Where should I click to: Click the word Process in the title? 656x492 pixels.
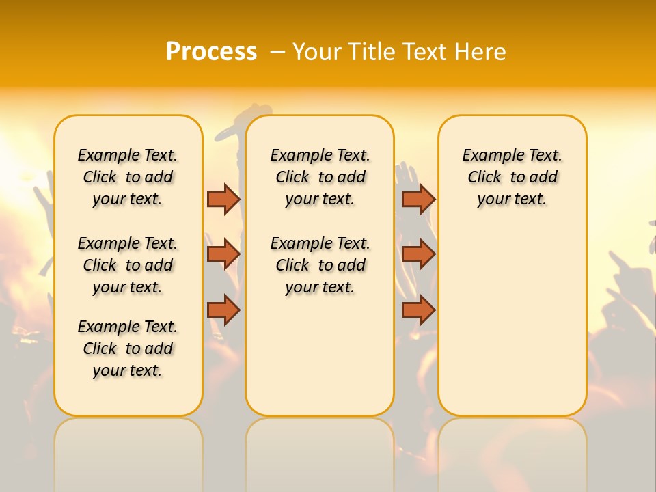point(211,52)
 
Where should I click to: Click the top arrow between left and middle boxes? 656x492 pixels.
point(223,199)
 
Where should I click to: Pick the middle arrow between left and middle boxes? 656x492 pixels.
point(223,254)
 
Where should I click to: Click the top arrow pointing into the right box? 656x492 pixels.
point(418,199)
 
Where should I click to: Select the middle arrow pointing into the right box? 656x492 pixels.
point(418,254)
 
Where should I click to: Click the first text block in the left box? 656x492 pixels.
point(128,177)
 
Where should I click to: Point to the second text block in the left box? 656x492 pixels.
point(128,265)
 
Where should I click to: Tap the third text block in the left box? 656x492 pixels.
point(128,348)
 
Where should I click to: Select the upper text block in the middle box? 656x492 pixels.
point(320,177)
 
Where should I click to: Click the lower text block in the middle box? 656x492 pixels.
point(320,265)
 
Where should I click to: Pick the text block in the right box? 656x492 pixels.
point(512,177)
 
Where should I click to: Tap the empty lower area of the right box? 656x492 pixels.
point(512,321)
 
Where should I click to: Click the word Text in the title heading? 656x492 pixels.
point(427,52)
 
